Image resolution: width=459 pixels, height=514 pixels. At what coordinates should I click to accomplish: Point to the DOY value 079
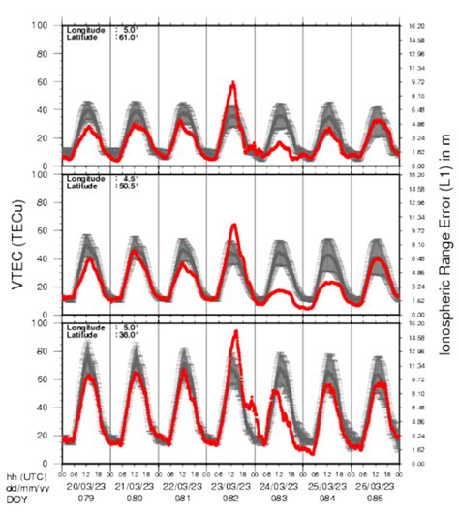coord(85,499)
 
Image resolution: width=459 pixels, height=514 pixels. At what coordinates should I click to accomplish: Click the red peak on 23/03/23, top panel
coord(232,84)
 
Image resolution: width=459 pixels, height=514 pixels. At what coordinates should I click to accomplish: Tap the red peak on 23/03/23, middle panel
coord(233,226)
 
